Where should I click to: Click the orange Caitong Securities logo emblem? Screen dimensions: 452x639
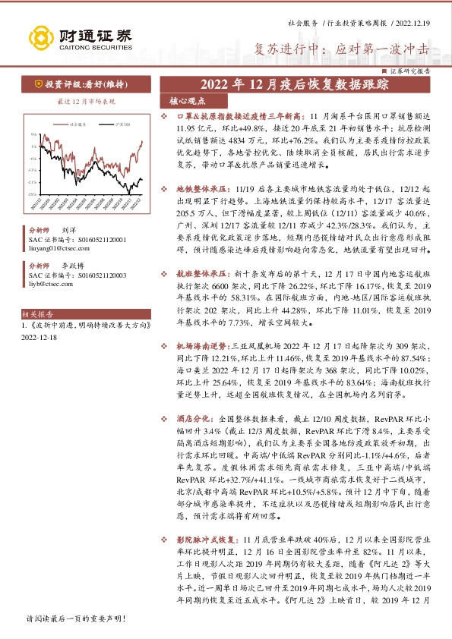click(39, 36)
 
